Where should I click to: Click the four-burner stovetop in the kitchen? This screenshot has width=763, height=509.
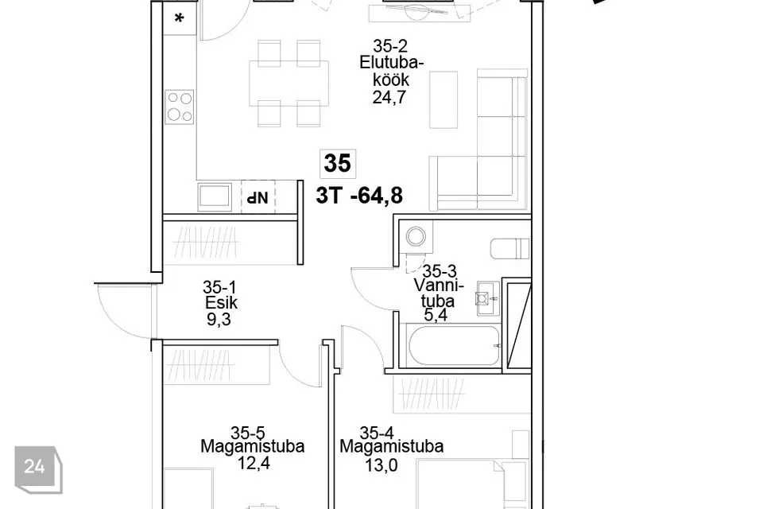(x=180, y=107)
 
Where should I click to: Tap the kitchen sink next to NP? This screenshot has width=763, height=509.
(x=215, y=196)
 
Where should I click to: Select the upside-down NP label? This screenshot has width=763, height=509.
(x=258, y=197)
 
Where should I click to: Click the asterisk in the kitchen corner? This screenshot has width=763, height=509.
(x=179, y=19)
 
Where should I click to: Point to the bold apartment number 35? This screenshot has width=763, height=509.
(x=337, y=163)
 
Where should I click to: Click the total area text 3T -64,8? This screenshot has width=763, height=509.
(x=359, y=196)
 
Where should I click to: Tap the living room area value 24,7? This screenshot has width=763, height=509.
(x=389, y=97)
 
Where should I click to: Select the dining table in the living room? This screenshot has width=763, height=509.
(x=289, y=83)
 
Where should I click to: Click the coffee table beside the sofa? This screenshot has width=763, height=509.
(x=443, y=100)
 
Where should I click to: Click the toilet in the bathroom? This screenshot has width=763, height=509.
(x=510, y=248)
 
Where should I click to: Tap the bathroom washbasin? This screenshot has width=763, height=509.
(x=487, y=297)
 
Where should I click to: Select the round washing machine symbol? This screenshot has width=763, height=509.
(x=416, y=237)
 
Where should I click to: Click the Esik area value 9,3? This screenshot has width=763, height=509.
(x=219, y=320)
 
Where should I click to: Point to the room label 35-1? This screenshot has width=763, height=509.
(x=219, y=287)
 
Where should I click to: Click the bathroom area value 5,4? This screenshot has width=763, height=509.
(x=436, y=315)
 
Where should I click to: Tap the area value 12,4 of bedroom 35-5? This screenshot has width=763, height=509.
(x=254, y=463)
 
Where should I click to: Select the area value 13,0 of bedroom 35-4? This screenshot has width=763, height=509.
(x=381, y=465)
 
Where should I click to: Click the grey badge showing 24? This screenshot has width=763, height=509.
(x=38, y=469)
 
